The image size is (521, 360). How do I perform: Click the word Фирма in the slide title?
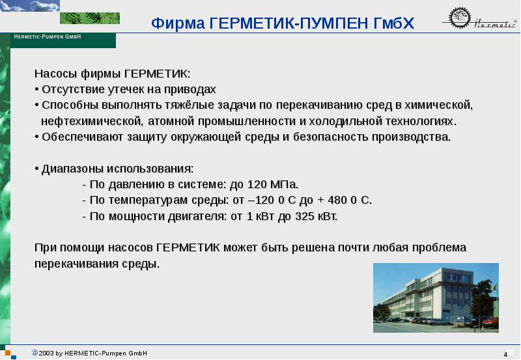coord(178,23)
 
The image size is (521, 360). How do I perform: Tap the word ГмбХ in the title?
coord(394,23)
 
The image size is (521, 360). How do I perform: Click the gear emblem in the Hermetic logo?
coord(460,18)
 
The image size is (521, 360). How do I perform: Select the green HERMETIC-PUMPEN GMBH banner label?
coord(63,40)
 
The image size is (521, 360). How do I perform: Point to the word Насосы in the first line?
coord(56,74)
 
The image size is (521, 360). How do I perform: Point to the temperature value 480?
coord(337,201)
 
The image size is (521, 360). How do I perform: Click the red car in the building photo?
coord(491,322)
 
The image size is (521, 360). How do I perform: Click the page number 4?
coord(505,354)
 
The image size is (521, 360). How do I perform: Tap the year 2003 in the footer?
coord(46,353)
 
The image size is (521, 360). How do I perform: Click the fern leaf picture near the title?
coord(90,18)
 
